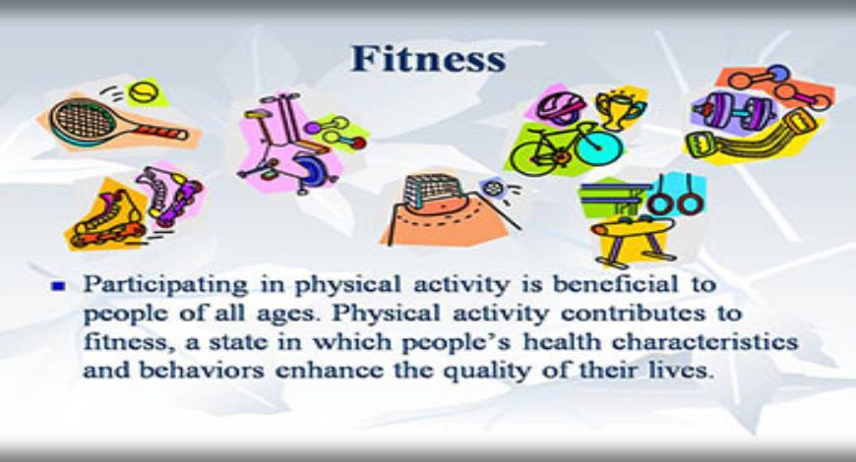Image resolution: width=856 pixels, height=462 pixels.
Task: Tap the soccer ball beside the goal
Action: (489, 190)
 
